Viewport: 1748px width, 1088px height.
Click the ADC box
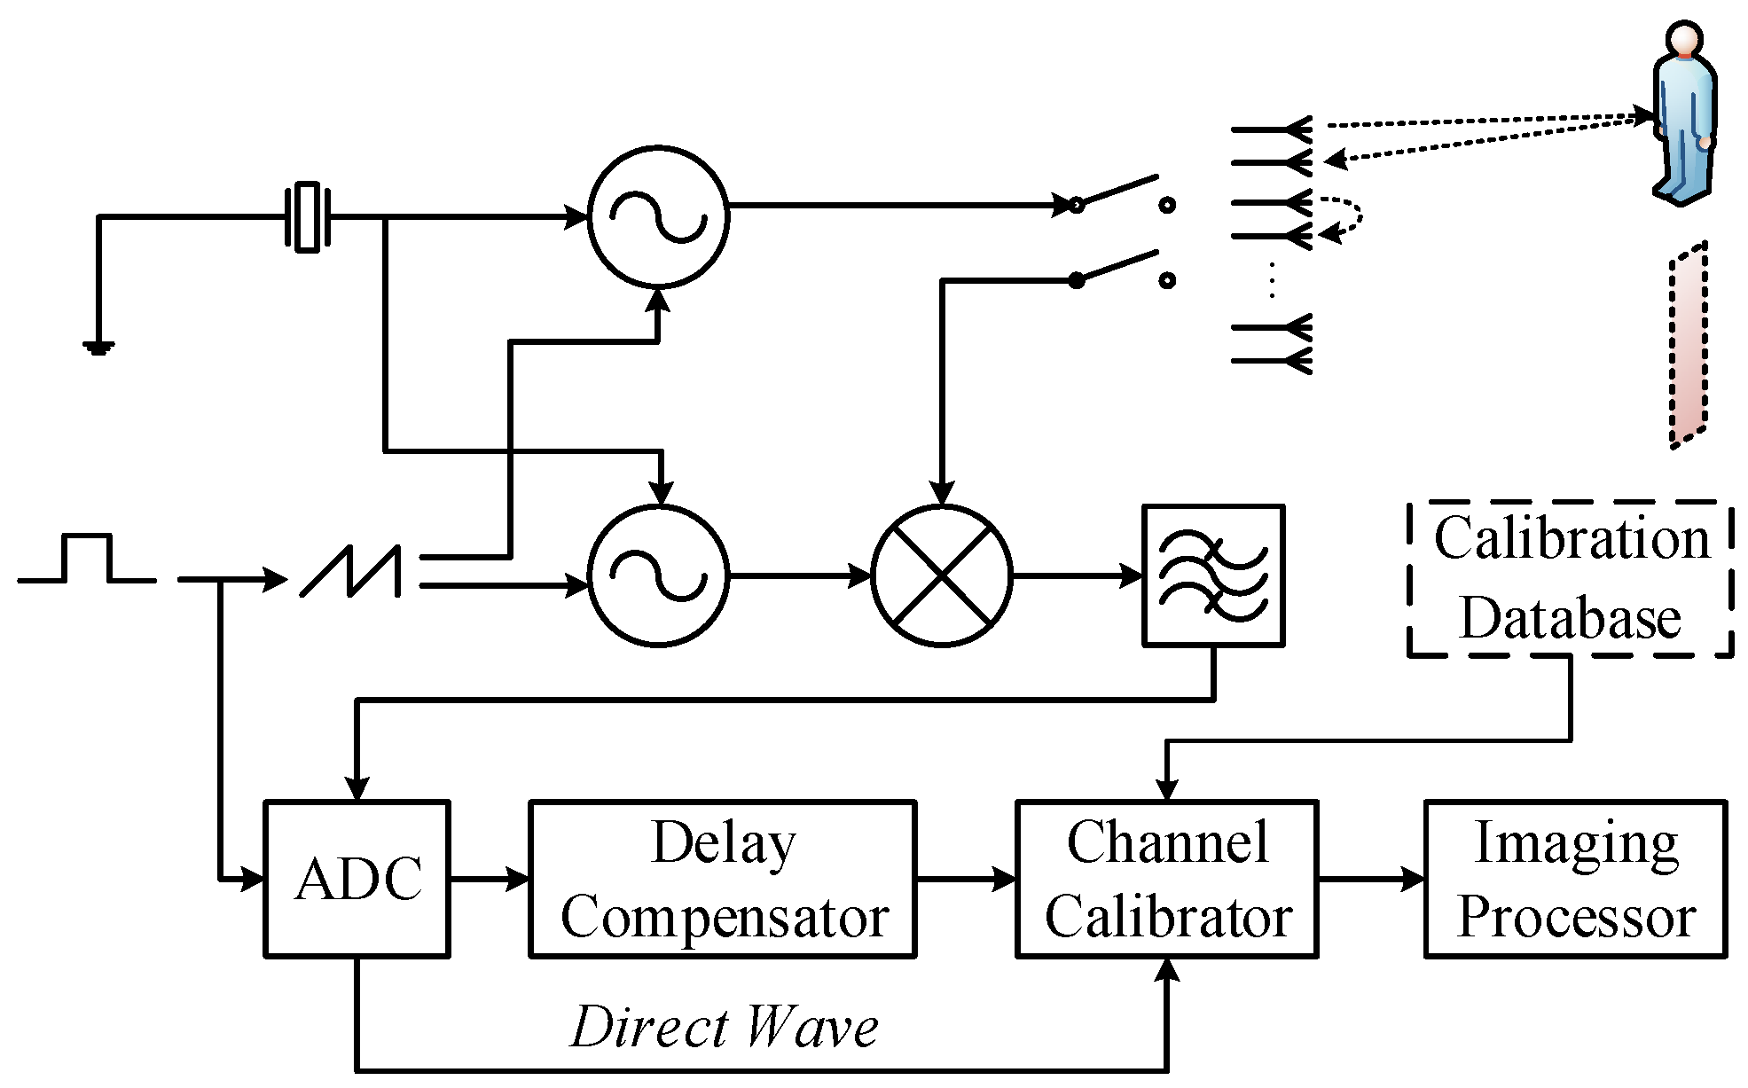point(357,879)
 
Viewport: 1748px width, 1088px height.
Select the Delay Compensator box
point(722,879)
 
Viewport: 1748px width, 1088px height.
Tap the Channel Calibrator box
point(1166,879)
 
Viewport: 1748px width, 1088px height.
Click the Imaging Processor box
point(1575,879)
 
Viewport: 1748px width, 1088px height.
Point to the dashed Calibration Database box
point(1571,579)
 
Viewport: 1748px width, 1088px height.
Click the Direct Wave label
point(724,1028)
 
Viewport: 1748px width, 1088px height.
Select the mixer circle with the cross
point(942,576)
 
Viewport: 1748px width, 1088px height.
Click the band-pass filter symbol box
point(1212,575)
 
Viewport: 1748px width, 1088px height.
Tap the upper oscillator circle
point(658,216)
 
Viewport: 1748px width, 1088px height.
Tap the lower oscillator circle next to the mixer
point(658,576)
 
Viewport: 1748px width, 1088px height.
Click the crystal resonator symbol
point(307,216)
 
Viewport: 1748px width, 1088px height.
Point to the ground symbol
point(98,347)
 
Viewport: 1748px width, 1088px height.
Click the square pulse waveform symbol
point(86,559)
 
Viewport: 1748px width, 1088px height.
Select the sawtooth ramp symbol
point(351,572)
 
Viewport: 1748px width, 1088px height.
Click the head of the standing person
point(1682,41)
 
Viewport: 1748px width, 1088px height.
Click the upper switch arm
point(1117,191)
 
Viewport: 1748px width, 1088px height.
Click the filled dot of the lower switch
point(1076,281)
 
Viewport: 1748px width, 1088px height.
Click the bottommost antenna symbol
point(1273,360)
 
